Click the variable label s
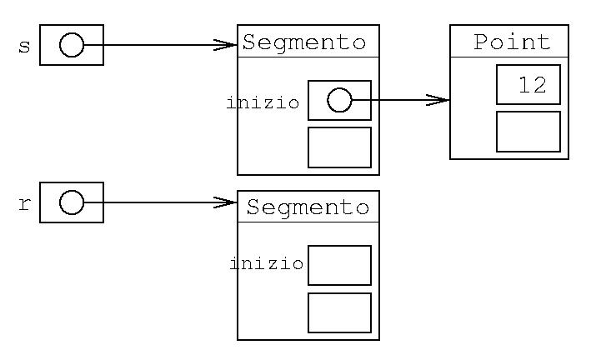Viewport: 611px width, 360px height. click(x=24, y=46)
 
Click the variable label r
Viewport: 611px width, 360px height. click(x=24, y=204)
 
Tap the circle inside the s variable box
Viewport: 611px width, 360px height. click(x=72, y=45)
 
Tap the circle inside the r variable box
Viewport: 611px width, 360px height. click(x=72, y=202)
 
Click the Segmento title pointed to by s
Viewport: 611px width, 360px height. click(x=304, y=42)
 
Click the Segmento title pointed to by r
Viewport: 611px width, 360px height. click(x=307, y=207)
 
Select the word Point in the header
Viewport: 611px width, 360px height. click(x=512, y=42)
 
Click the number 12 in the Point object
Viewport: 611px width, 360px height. click(x=531, y=84)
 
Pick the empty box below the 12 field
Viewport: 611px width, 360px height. click(x=528, y=132)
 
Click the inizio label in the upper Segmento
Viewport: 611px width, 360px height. click(x=263, y=103)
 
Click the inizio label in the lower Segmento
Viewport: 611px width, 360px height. click(x=266, y=264)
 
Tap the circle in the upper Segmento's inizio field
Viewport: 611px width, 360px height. click(x=338, y=101)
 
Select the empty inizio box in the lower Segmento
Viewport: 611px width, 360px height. click(x=339, y=265)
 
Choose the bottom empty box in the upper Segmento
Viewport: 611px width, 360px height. click(x=339, y=147)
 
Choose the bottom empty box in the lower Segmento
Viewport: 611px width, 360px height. click(x=339, y=312)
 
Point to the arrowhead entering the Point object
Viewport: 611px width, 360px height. click(x=439, y=101)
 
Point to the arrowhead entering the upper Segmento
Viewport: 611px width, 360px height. click(x=227, y=45)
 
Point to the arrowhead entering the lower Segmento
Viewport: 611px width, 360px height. click(x=227, y=202)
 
